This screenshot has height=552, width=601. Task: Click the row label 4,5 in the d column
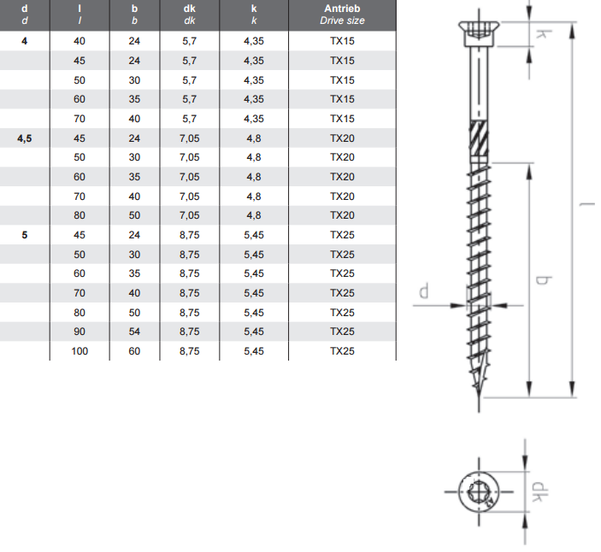coord(25,138)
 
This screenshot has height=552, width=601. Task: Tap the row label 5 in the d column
coord(25,235)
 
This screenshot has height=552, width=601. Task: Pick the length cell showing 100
coord(80,351)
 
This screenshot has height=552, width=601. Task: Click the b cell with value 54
coord(134,332)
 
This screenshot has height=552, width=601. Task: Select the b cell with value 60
coord(134,351)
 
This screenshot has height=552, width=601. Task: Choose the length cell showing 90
coord(80,332)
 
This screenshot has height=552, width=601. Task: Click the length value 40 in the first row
coord(80,41)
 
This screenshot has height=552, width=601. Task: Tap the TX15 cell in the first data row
coord(342,41)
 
